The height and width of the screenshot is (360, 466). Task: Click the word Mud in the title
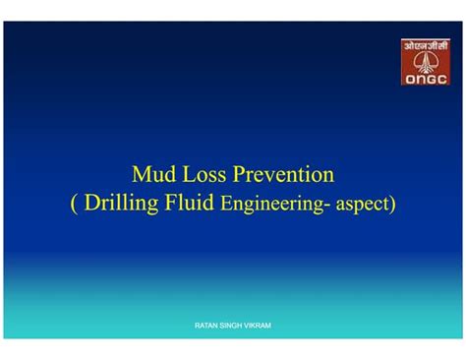pos(154,175)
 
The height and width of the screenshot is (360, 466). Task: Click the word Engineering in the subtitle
pos(267,206)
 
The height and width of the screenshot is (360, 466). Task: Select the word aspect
pos(359,207)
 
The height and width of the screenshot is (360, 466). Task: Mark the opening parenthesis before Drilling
pos(75,205)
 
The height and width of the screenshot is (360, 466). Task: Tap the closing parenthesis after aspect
pos(391,206)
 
